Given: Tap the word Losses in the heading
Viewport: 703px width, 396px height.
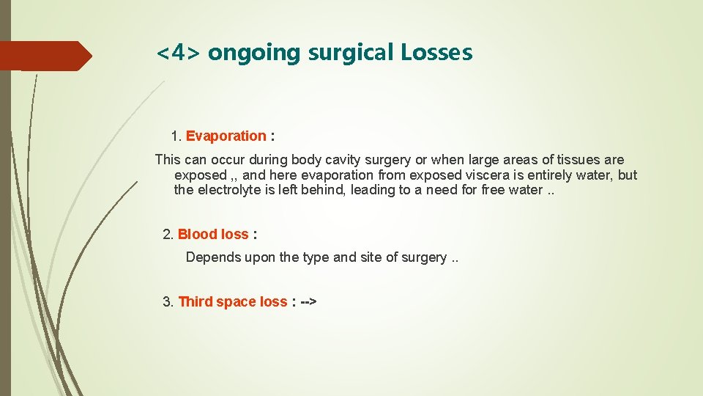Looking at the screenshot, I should [436, 53].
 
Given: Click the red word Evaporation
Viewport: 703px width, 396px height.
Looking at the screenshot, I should [226, 136].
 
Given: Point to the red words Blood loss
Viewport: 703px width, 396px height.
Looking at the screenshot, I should [213, 235].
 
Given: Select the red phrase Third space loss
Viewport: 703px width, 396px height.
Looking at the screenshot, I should [233, 301].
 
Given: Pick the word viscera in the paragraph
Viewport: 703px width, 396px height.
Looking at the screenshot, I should [491, 175].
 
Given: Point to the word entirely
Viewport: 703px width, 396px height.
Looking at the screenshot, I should [545, 175].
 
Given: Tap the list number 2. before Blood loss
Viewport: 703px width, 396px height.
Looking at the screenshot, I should [168, 235].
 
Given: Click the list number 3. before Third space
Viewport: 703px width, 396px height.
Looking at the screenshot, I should [168, 301].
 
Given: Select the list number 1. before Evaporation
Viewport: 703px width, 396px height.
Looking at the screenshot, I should [176, 136].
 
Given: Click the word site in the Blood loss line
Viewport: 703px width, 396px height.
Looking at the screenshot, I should [372, 257].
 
